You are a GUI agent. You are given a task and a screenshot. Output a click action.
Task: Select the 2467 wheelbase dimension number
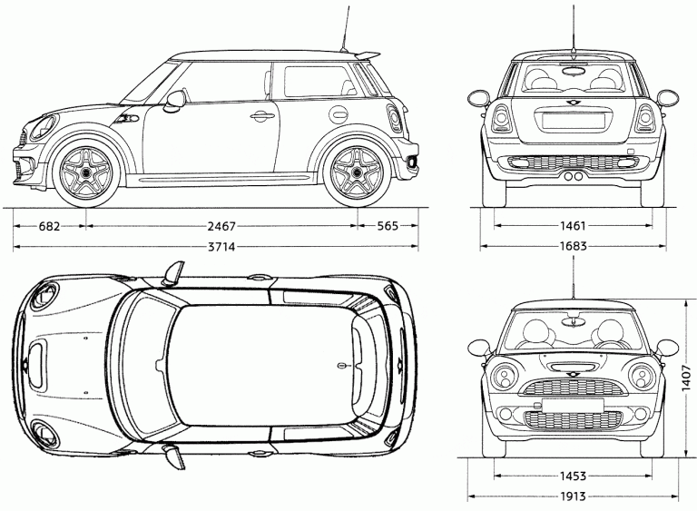[x=217, y=226]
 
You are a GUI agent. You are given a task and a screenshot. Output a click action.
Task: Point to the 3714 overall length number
[x=217, y=247]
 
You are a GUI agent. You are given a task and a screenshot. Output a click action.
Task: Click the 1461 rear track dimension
[x=573, y=226]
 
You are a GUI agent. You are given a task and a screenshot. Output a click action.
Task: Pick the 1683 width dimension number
[x=573, y=246]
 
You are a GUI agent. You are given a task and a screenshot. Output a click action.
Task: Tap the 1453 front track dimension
[x=573, y=476]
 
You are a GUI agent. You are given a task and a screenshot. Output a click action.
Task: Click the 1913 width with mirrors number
[x=573, y=496]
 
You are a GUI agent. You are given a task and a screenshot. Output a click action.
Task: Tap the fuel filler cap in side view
[x=338, y=113]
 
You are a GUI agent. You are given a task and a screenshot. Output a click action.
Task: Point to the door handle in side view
[x=261, y=116]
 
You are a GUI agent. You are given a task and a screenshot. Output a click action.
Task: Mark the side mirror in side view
[x=174, y=99]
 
